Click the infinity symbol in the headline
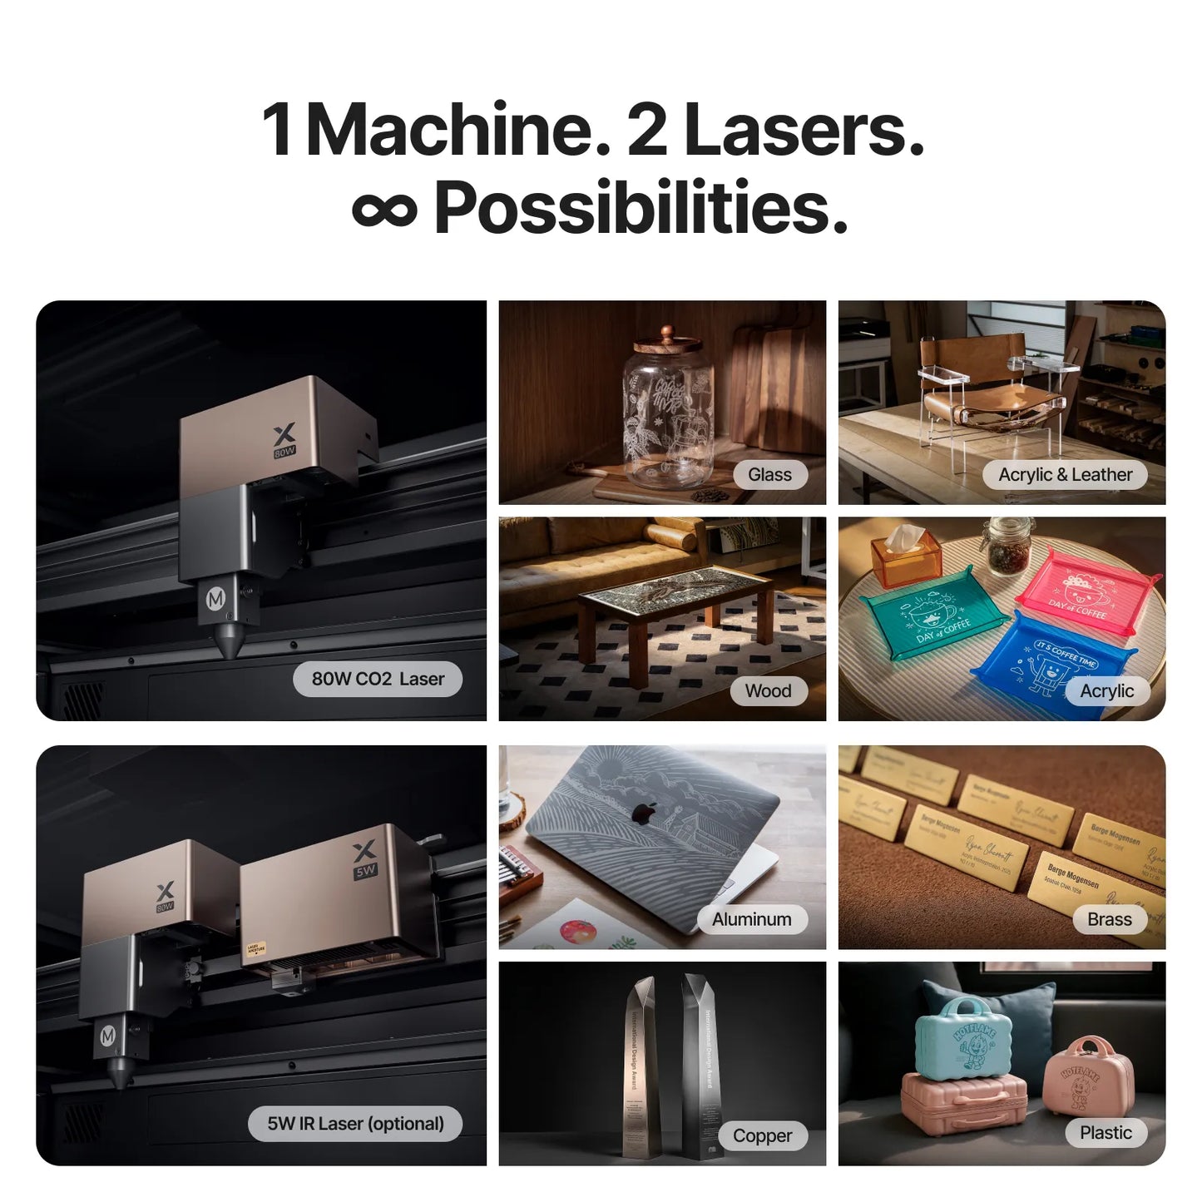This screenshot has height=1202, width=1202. (x=384, y=210)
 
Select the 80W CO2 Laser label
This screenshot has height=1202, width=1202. (x=378, y=679)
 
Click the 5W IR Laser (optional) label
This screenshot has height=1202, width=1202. (x=355, y=1124)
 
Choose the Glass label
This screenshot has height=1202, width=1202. (x=769, y=475)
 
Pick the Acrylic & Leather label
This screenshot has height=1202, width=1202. (x=1065, y=475)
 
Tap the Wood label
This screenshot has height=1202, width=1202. (x=768, y=691)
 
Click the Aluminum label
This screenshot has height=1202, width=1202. (x=751, y=919)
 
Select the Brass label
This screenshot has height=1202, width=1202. (x=1109, y=919)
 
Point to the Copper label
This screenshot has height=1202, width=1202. (x=762, y=1135)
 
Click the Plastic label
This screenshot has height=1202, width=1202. (x=1106, y=1132)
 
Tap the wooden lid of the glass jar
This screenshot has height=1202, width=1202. (x=667, y=341)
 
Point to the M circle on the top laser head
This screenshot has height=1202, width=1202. (x=216, y=598)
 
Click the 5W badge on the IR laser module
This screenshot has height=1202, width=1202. (x=365, y=871)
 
